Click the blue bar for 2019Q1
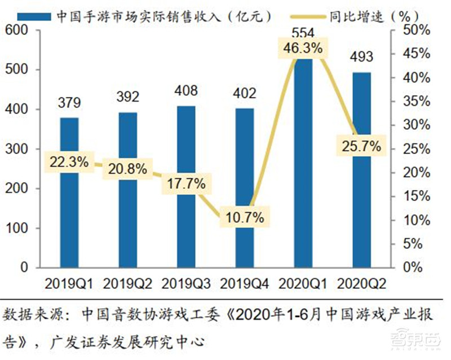(69, 226)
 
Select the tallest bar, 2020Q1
(303, 169)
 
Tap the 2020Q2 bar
(361, 214)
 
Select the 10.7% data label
(244, 216)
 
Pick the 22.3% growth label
(69, 162)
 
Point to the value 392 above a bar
(128, 96)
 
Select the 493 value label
(361, 58)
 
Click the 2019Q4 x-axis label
(244, 282)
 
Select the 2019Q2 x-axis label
(128, 282)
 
